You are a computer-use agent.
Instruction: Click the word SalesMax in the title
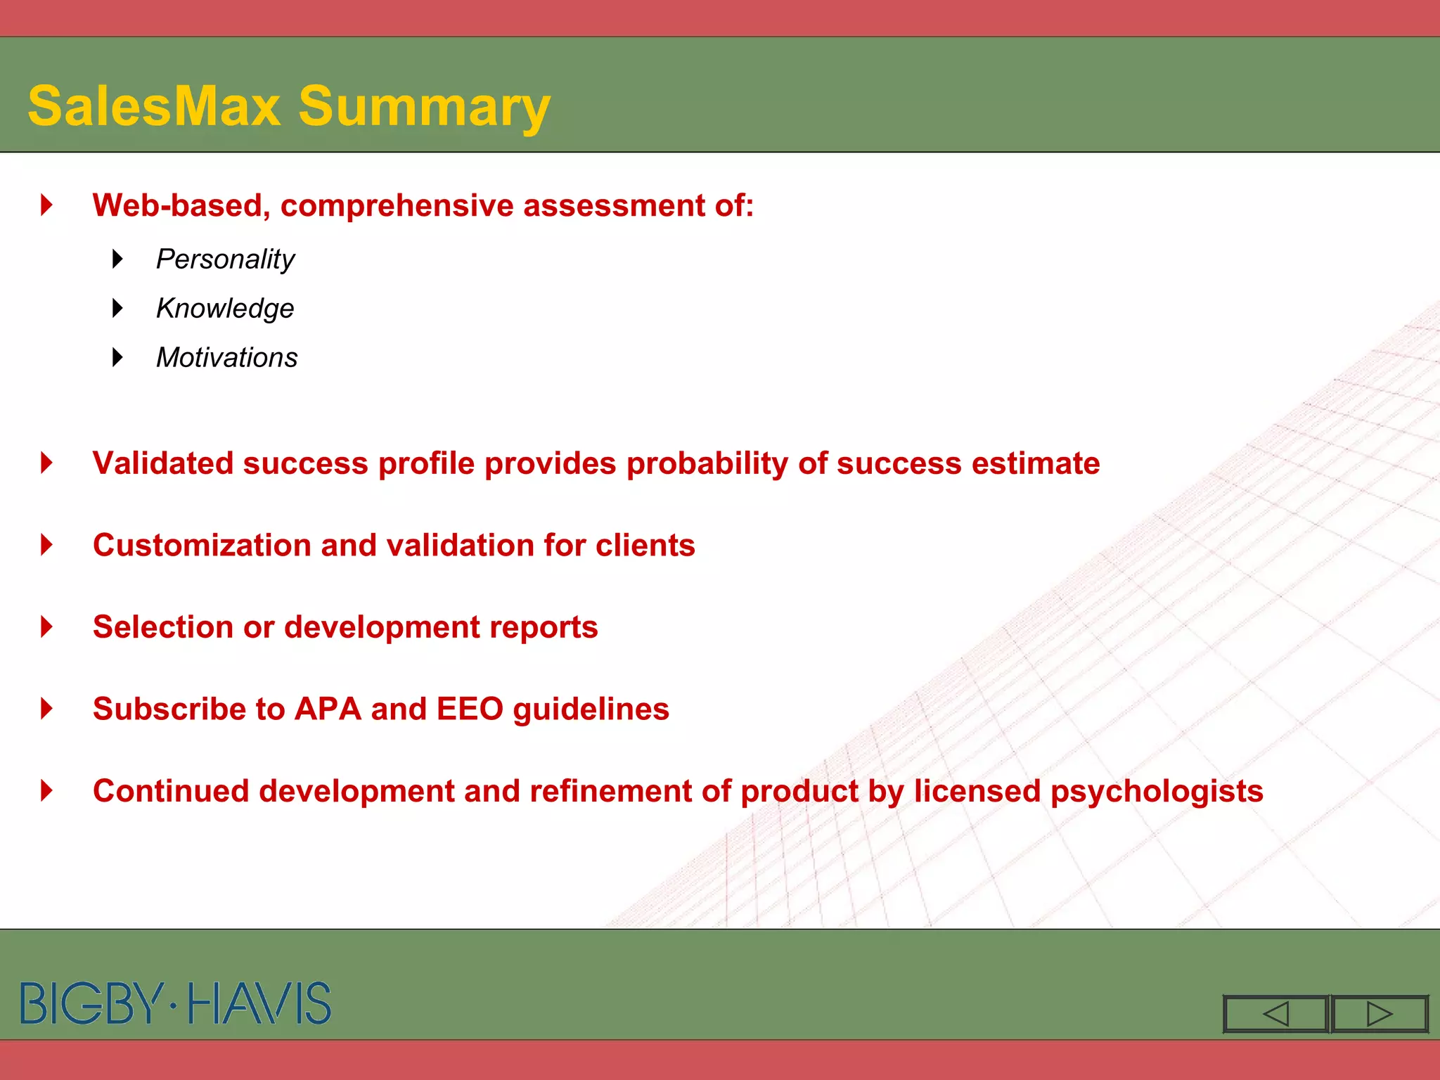[x=154, y=106]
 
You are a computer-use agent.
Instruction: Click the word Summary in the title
[x=424, y=106]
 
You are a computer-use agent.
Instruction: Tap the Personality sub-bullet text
[x=225, y=259]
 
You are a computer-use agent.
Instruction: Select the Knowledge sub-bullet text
[x=225, y=309]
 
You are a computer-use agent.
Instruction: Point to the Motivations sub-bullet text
[x=226, y=358]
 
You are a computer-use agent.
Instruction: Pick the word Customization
[x=202, y=546]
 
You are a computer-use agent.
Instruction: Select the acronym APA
[x=328, y=709]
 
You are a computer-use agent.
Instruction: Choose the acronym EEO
[x=470, y=709]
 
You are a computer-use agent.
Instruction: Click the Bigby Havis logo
[x=176, y=1003]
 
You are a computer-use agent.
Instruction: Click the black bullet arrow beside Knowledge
[x=117, y=308]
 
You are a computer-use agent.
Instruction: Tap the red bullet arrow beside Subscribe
[x=47, y=708]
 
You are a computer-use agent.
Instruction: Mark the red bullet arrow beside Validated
[x=47, y=463]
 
